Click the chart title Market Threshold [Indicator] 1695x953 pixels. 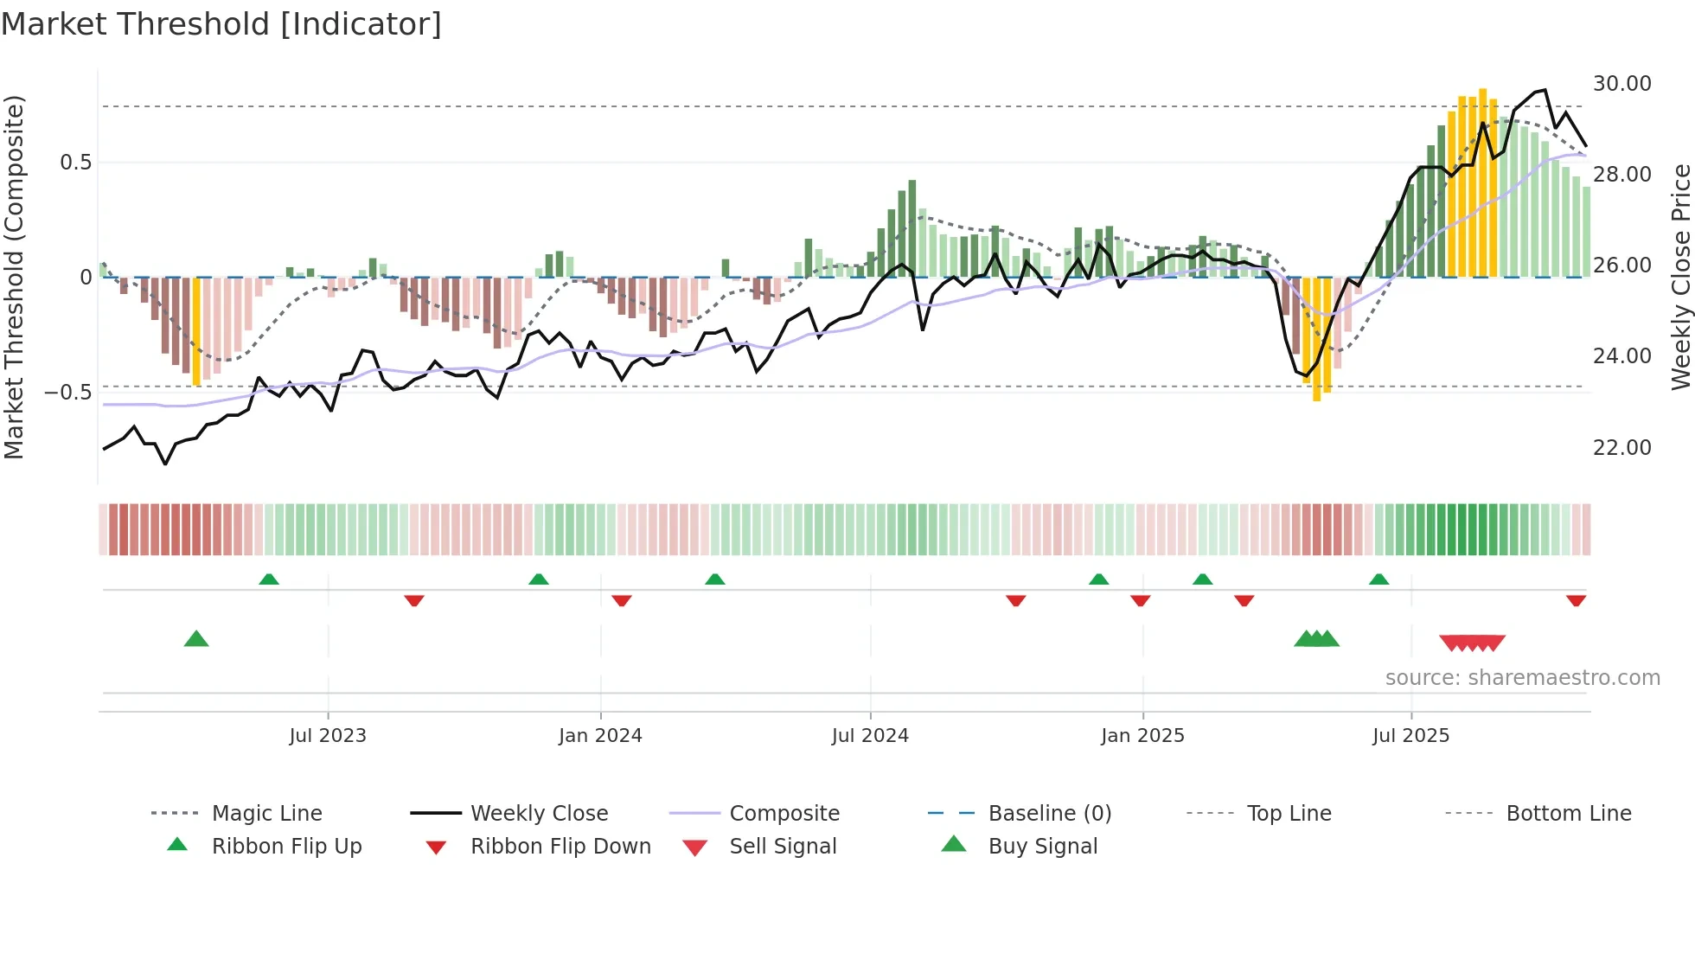tap(221, 24)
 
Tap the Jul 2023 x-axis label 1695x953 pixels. tap(328, 736)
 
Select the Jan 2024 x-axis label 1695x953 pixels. tap(600, 736)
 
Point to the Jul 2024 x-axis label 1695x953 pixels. tap(870, 736)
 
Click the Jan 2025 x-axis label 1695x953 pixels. tap(1142, 736)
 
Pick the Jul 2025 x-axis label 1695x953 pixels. tap(1410, 736)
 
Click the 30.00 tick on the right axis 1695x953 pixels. tap(1621, 84)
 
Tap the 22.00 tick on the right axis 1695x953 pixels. tap(1621, 448)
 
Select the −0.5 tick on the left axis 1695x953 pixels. tap(67, 393)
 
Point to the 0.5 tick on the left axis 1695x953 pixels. tap(75, 163)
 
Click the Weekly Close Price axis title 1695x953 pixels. tap(1680, 277)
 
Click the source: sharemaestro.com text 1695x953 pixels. tap(1522, 678)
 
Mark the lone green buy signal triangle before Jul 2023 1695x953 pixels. tap(196, 639)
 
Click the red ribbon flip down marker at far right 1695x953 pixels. tap(1576, 600)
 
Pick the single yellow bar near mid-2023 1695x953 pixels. tap(196, 330)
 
